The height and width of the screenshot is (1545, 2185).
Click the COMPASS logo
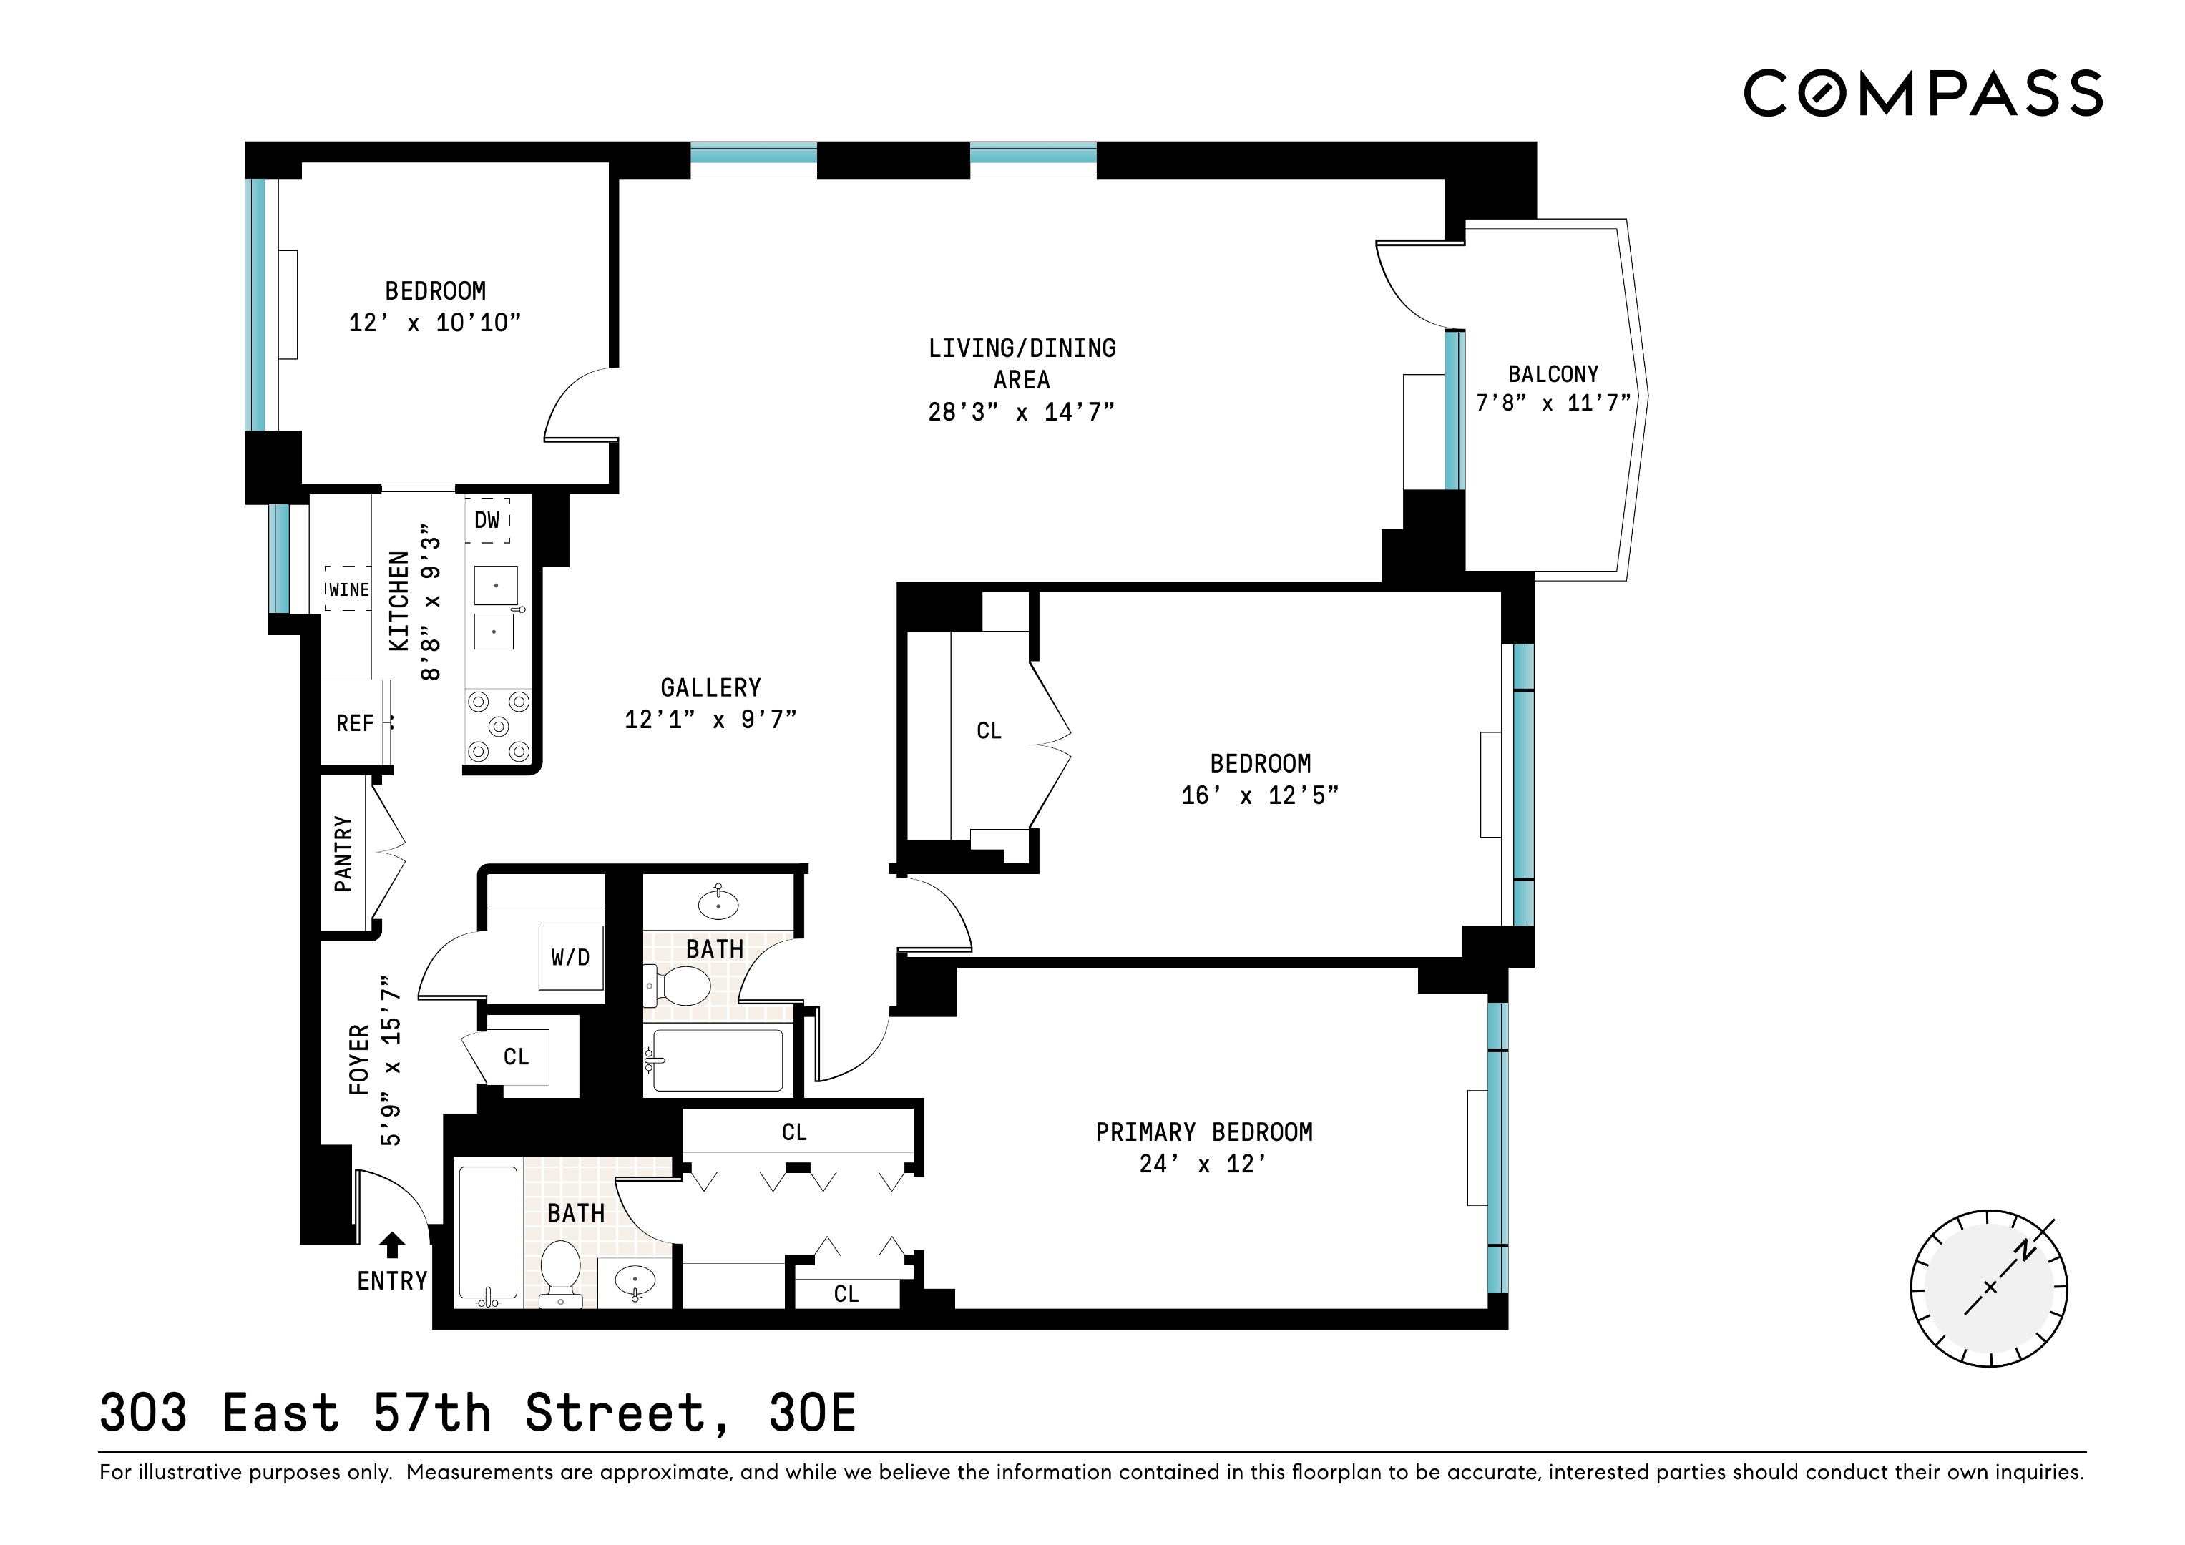click(1922, 93)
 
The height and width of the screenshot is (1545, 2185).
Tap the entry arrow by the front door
click(392, 1245)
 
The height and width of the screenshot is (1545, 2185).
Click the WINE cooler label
click(348, 590)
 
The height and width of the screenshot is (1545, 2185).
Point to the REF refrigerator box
click(355, 723)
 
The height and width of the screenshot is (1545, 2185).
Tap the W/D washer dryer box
click(570, 958)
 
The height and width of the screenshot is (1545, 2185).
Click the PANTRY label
click(343, 853)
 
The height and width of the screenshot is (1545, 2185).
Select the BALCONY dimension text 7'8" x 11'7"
click(1553, 403)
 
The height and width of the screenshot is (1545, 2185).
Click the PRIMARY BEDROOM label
click(1204, 1132)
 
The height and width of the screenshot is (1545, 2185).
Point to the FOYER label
click(358, 1059)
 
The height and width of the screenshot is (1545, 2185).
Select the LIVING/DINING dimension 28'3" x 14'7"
click(1021, 412)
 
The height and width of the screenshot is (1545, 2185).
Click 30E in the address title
click(812, 1413)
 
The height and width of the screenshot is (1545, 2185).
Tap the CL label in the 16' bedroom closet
click(989, 730)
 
